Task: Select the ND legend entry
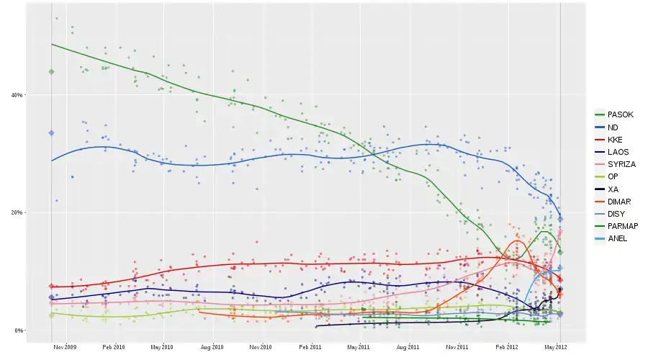tap(613, 127)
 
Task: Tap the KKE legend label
tap(616, 139)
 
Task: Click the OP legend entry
tap(613, 176)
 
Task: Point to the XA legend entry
tap(613, 189)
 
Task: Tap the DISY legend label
tap(617, 214)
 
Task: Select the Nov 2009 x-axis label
tap(66, 347)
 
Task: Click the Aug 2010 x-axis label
tap(212, 347)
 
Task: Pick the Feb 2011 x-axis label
tap(310, 347)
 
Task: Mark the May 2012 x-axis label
tap(556, 347)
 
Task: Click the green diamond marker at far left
tap(51, 72)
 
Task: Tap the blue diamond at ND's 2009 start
tap(51, 133)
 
